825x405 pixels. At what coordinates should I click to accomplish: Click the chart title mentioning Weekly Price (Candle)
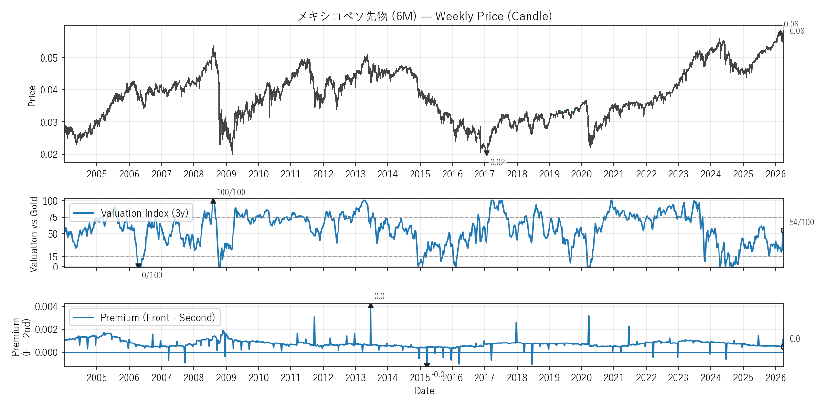[424, 16]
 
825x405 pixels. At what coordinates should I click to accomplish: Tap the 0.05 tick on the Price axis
[49, 58]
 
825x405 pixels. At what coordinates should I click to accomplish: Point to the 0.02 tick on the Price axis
[49, 155]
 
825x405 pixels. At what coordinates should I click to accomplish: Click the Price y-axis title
[32, 96]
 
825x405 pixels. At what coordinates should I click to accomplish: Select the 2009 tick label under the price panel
[226, 174]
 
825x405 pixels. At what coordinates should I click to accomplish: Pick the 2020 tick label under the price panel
[581, 174]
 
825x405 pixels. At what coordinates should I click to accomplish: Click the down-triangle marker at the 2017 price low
[487, 154]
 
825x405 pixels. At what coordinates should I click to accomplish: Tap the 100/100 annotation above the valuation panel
[231, 192]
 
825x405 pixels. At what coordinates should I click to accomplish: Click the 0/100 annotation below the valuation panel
[152, 275]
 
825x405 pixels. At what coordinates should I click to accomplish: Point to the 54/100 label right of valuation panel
[801, 222]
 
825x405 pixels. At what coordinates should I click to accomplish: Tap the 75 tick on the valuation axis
[53, 218]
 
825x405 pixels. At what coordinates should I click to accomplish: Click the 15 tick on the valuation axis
[53, 257]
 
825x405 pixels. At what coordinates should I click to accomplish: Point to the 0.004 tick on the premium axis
[46, 307]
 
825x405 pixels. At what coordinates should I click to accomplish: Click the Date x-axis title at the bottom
[424, 391]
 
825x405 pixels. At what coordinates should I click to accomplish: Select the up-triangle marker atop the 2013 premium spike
[370, 305]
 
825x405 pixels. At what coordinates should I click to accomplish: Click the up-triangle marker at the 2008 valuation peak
[213, 201]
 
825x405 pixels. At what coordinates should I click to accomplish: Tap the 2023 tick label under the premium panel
[678, 378]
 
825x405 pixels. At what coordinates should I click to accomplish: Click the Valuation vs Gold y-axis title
[34, 234]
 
